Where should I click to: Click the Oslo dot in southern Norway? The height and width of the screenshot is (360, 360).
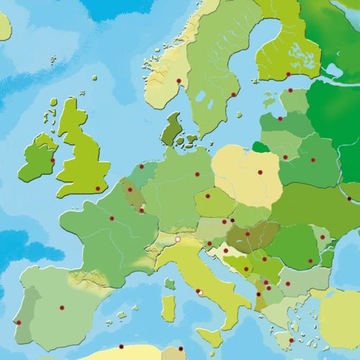click(x=180, y=81)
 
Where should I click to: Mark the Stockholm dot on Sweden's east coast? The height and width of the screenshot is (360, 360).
click(x=234, y=95)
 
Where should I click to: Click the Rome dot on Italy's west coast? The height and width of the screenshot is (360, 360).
click(x=199, y=292)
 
